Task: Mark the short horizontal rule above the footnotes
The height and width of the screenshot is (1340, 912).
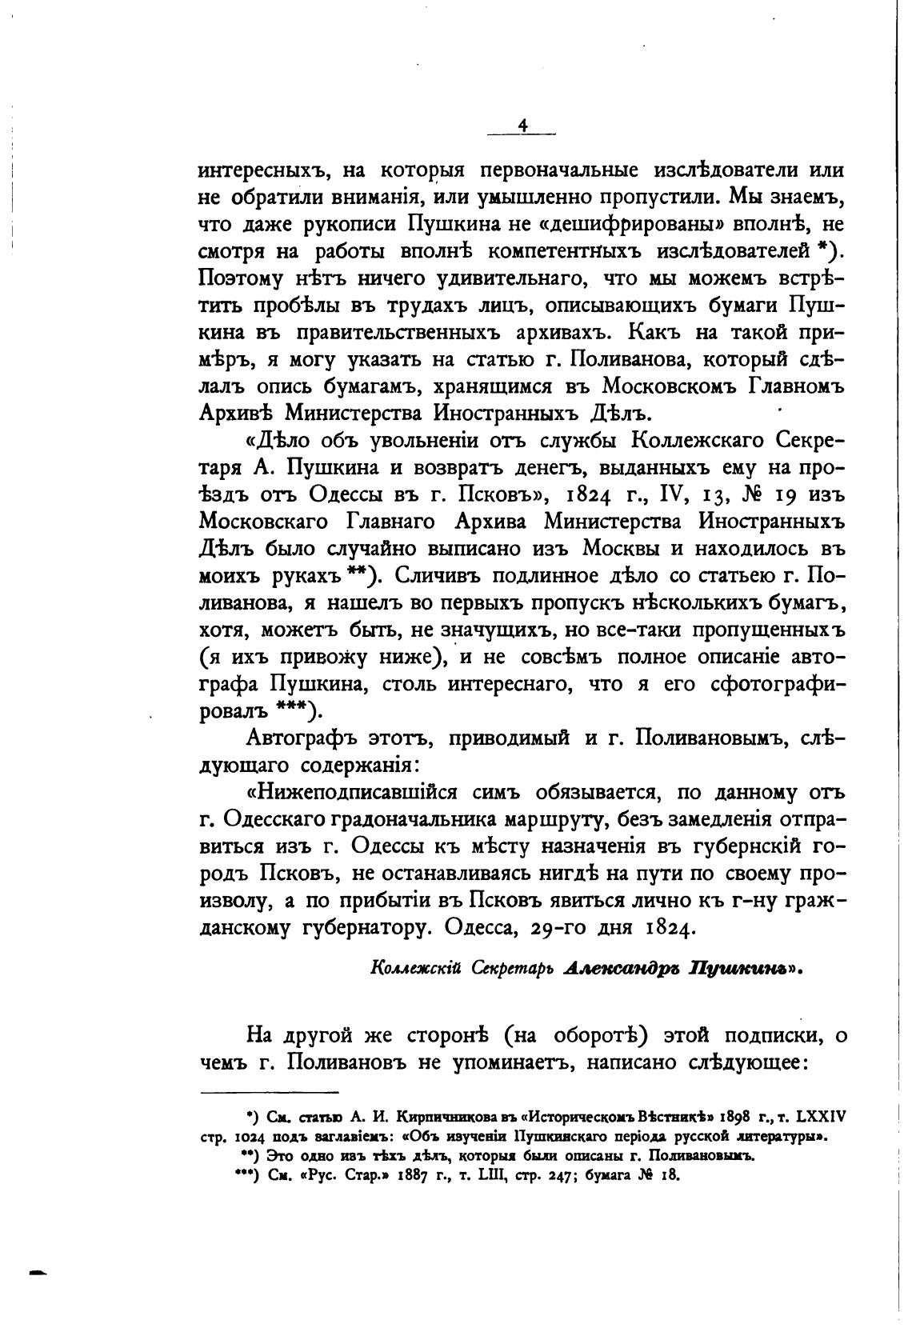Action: pos(269,1092)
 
